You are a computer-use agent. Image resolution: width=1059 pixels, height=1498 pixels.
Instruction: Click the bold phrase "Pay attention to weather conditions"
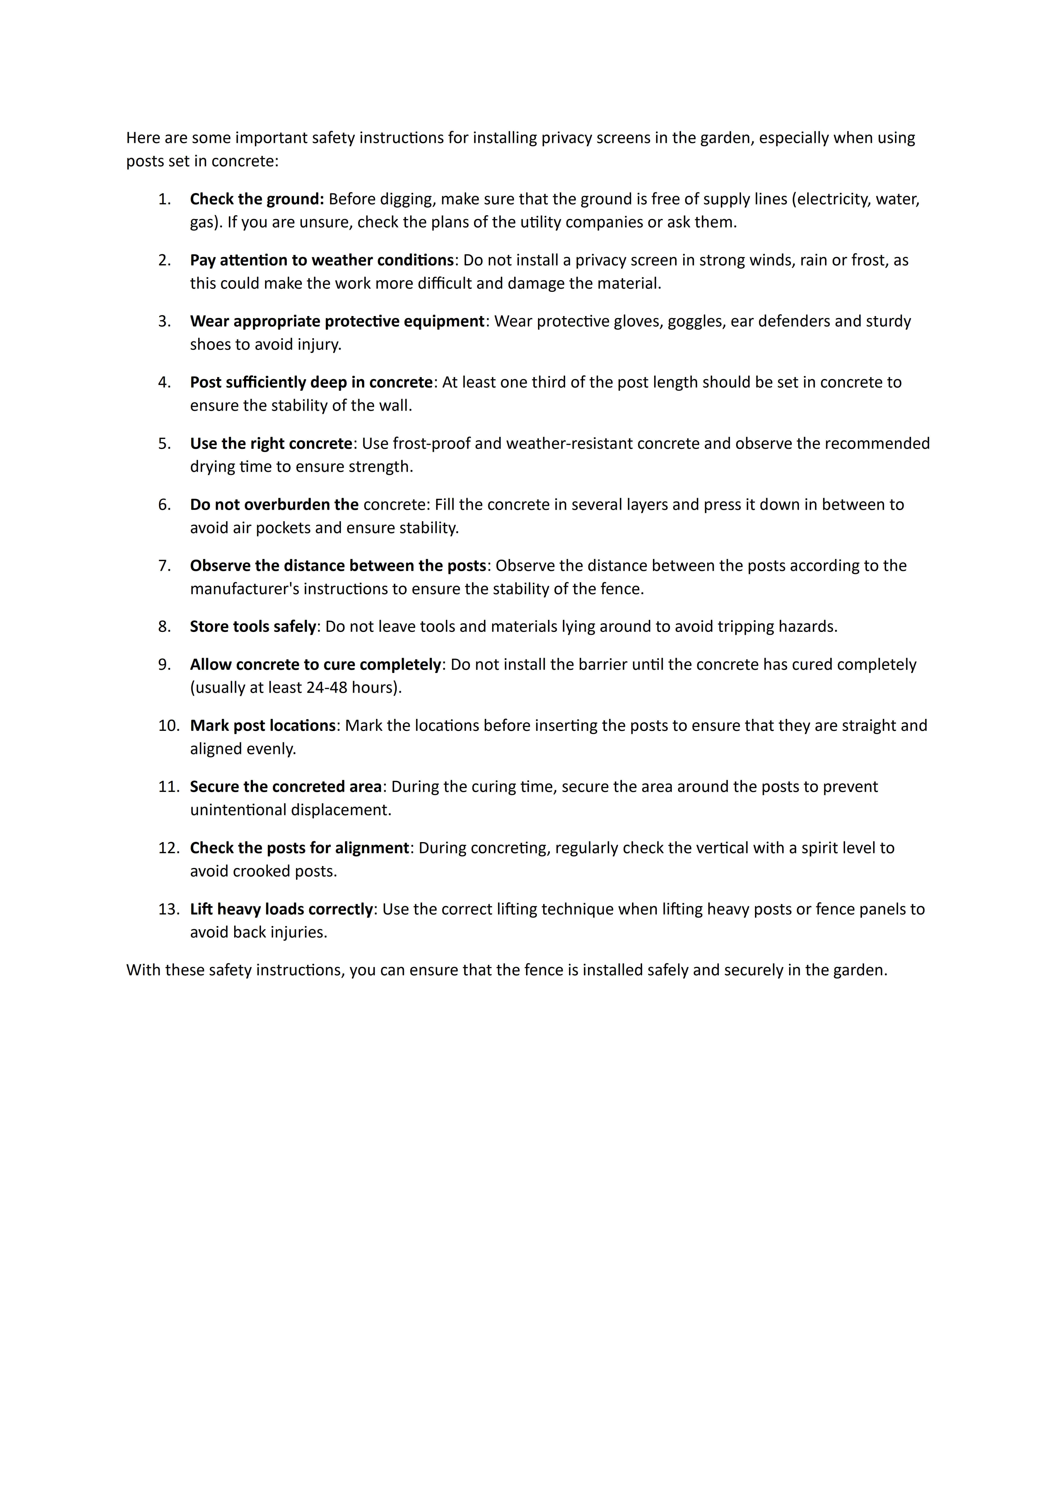(x=322, y=260)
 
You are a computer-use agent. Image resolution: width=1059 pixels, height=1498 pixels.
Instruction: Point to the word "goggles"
(x=694, y=322)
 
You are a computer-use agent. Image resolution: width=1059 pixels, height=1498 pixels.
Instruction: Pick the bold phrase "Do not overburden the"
(x=274, y=505)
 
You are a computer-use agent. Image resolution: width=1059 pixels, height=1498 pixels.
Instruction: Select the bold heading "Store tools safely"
(x=253, y=627)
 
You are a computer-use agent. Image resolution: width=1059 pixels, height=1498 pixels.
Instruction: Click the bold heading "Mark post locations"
(x=262, y=726)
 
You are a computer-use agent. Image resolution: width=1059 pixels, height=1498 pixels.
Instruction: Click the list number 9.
(x=164, y=665)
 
